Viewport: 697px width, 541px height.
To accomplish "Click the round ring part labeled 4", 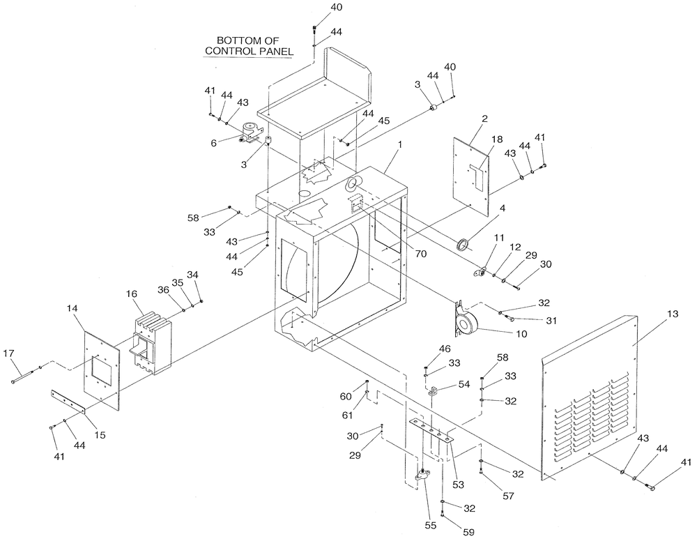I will tap(461, 245).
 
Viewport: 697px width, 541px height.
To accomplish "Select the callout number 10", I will tap(521, 334).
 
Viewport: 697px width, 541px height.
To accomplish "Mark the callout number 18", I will tap(496, 140).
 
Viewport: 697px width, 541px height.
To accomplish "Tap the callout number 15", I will tap(100, 436).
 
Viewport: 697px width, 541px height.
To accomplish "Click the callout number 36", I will tap(162, 289).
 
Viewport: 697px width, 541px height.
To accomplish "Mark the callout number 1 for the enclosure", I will tap(400, 144).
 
